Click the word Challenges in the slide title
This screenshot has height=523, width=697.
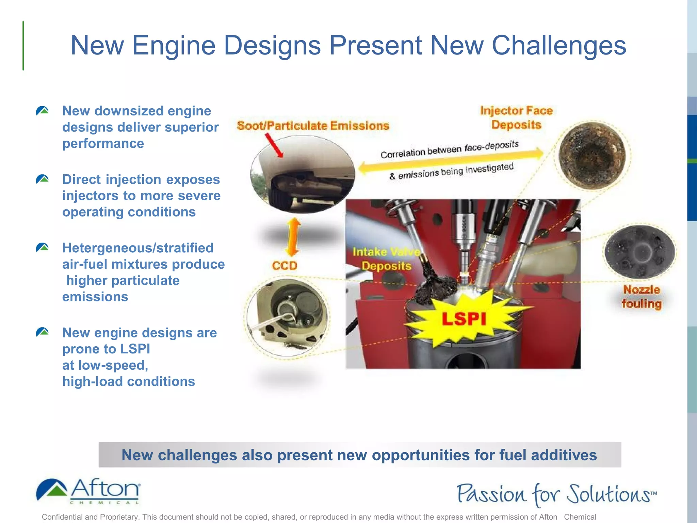click(558, 45)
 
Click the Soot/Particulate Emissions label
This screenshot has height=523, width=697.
click(313, 126)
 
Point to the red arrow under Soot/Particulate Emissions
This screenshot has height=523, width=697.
click(274, 145)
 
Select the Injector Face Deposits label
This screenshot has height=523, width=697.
click(516, 117)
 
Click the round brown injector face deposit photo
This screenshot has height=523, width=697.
click(592, 155)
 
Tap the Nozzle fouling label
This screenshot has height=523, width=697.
click(642, 297)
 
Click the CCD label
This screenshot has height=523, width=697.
click(285, 266)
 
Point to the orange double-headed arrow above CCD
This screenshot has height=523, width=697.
click(293, 237)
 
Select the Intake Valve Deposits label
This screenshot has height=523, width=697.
click(386, 259)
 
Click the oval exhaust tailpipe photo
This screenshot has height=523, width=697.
click(302, 174)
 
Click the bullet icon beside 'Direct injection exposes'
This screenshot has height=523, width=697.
click(43, 179)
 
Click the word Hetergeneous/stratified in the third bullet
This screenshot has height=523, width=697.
click(138, 248)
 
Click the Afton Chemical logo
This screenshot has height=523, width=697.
click(88, 491)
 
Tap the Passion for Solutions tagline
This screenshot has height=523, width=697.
click(556, 494)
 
